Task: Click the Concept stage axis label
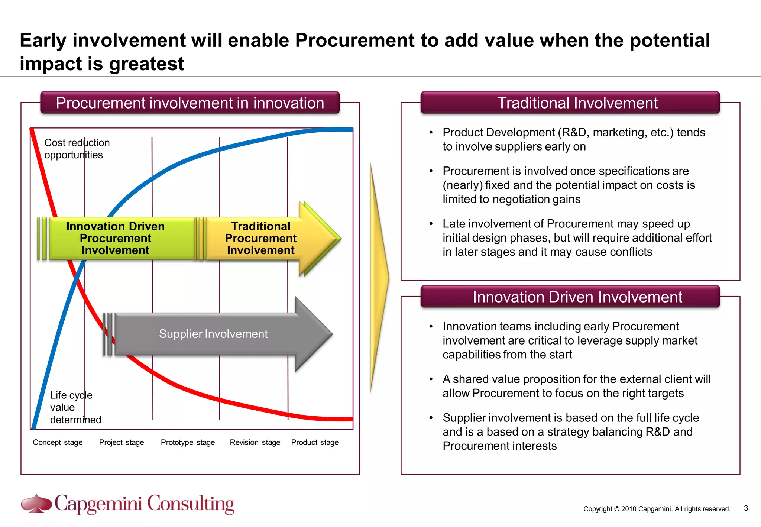point(58,442)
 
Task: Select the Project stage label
point(122,442)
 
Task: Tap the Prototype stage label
point(188,442)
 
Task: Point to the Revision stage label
point(255,442)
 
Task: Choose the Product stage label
point(315,442)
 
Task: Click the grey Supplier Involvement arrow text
point(213,334)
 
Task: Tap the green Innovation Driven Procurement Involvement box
point(116,238)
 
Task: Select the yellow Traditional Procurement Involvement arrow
point(261,238)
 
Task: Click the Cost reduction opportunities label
point(77,149)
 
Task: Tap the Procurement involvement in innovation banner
point(190,103)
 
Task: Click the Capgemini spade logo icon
point(36,504)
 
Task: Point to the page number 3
point(746,508)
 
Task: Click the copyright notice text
point(657,509)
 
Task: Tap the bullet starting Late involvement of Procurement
point(577,238)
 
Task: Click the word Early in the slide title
point(43,41)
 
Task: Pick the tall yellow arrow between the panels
point(379,277)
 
